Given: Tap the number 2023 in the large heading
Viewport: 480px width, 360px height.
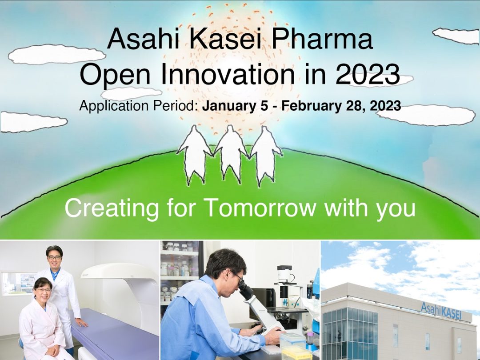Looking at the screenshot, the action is tap(368, 74).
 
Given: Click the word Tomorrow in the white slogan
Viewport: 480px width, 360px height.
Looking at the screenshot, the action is tap(260, 208).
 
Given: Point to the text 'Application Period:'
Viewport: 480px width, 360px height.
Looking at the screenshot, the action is tap(139, 106).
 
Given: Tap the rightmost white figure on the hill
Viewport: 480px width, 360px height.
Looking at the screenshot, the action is tap(265, 155).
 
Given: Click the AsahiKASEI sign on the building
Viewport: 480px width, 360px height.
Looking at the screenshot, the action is tap(441, 310).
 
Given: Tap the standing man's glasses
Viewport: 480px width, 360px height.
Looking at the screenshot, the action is tap(55, 257).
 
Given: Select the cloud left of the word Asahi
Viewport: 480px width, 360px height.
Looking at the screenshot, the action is tap(57, 54).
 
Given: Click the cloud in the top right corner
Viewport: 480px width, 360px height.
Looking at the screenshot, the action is tap(456, 36).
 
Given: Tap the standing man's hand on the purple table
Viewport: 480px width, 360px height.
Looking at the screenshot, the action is tap(81, 322).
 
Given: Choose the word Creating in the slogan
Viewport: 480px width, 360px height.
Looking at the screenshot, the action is tap(112, 208).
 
